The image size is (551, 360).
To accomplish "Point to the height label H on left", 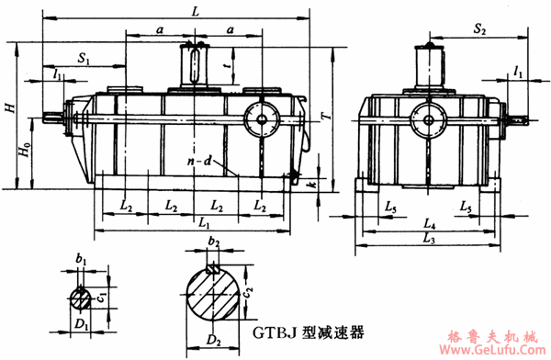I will (x=9, y=107).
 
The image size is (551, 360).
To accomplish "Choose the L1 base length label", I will (x=204, y=223).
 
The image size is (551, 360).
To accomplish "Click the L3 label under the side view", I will (x=429, y=238).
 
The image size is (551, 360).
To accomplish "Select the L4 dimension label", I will (x=429, y=222).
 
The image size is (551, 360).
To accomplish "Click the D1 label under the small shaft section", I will (x=82, y=324).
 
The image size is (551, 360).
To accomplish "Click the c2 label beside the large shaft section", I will (x=248, y=292).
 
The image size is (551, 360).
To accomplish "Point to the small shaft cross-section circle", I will (x=81, y=297).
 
